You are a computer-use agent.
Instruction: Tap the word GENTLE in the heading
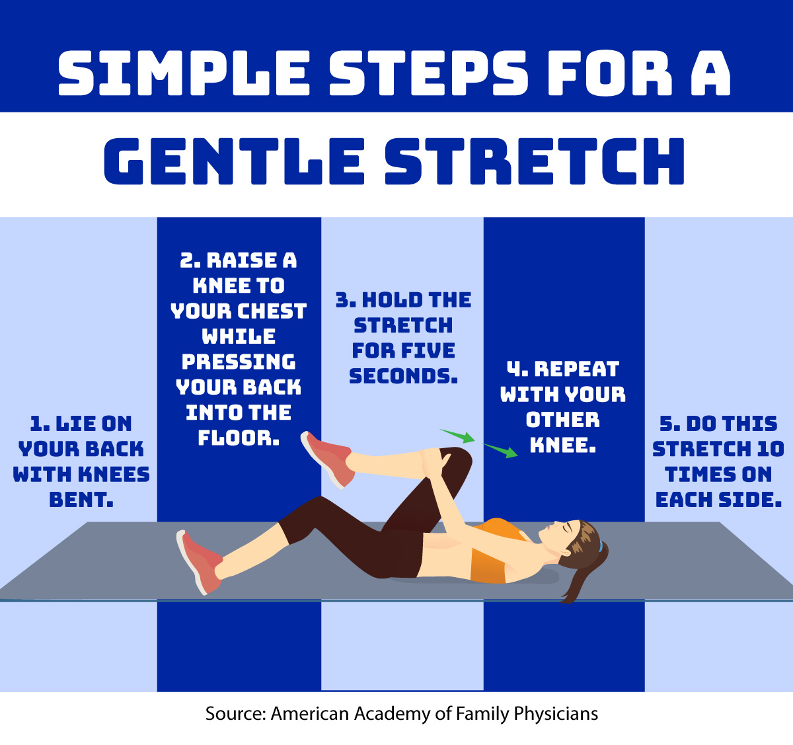[x=235, y=162]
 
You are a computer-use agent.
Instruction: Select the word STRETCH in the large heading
[x=534, y=162]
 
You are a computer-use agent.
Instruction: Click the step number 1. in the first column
[x=40, y=424]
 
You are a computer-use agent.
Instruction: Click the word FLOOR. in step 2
[x=239, y=438]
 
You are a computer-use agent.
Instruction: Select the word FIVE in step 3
[x=430, y=350]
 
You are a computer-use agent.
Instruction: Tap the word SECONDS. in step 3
[x=403, y=376]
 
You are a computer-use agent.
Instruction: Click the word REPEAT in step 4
[x=576, y=369]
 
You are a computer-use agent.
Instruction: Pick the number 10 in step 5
[x=770, y=450]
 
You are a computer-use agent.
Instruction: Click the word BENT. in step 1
[x=81, y=500]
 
